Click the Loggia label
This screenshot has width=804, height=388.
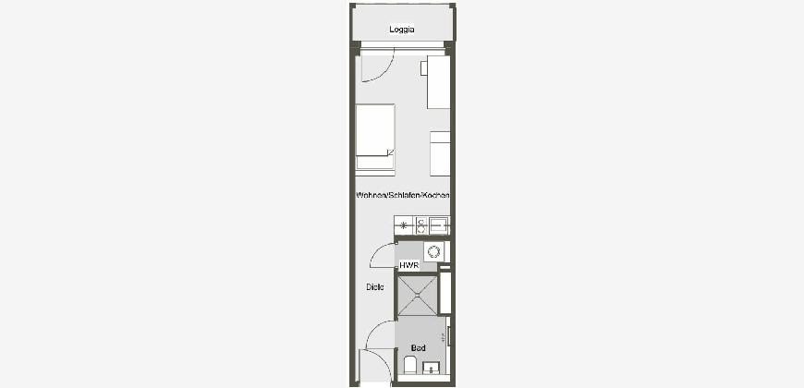[401, 30]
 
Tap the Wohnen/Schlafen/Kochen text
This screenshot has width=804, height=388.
[403, 195]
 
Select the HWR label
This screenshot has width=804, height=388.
[409, 265]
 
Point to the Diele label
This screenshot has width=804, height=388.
[375, 287]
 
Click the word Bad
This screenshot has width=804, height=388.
[419, 348]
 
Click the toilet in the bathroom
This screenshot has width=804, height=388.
[410, 366]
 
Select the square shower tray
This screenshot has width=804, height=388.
[418, 296]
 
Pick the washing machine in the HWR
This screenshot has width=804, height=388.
[433, 251]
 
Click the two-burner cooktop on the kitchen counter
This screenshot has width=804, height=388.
[421, 225]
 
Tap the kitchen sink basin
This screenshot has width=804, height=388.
[439, 225]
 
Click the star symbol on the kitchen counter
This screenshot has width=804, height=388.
[404, 225]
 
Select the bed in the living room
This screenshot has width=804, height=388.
[375, 139]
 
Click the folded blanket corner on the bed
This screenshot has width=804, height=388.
[391, 152]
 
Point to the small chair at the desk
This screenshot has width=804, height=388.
[424, 68]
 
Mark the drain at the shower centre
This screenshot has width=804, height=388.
[418, 296]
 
